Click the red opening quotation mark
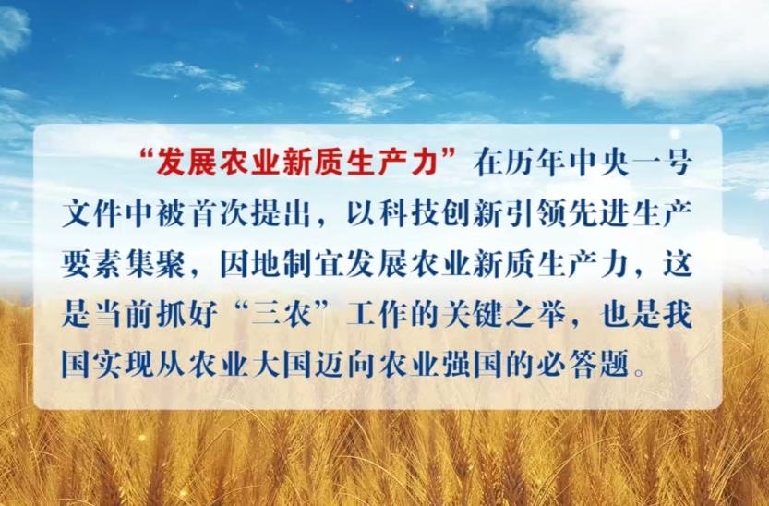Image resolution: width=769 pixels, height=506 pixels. tap(149, 161)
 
